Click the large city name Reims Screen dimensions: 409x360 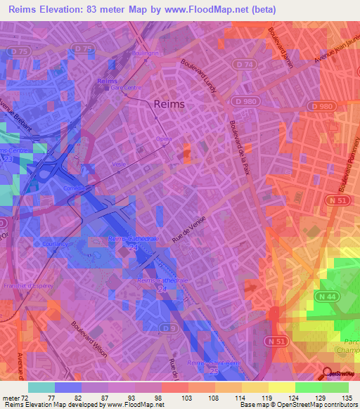tap(169, 104)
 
